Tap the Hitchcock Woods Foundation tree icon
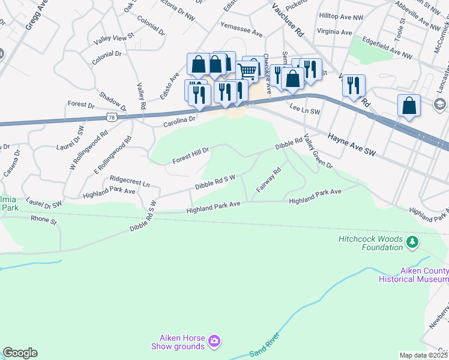pos(412,242)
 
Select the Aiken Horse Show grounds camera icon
pos(214,342)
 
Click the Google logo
pos(20,353)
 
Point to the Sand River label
pos(265,346)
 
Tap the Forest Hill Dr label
pos(190,155)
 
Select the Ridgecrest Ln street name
pos(130,179)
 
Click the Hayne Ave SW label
pos(351,146)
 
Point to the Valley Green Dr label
pos(318,151)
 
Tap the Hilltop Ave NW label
pos(342,18)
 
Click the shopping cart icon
pos(247,71)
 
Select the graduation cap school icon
pos(439,104)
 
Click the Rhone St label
pos(44,221)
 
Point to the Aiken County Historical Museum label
pos(414,275)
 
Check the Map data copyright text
pos(423,355)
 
